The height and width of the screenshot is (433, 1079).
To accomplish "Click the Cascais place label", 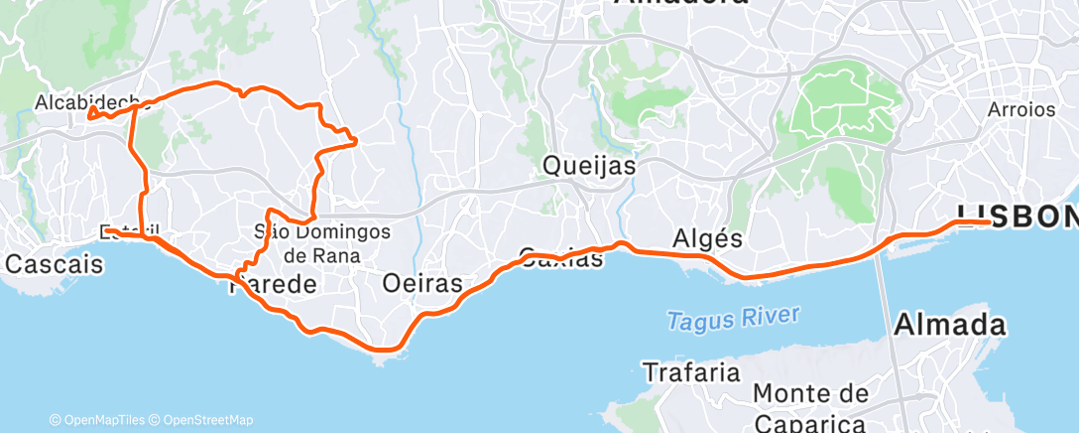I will coord(54,265).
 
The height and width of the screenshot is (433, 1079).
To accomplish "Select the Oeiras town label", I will coord(422,283).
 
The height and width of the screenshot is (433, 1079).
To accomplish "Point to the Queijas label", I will coord(589,166).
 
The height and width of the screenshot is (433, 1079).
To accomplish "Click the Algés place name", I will coord(707,238).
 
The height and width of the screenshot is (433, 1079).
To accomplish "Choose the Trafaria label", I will coord(692,373).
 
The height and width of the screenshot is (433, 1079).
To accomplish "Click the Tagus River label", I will coord(733,319).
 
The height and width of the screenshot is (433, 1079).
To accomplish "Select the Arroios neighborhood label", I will coord(1021,109).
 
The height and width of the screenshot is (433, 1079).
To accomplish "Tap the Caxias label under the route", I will coord(561,258).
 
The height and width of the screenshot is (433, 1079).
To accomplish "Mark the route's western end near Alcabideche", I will coord(90,116).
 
